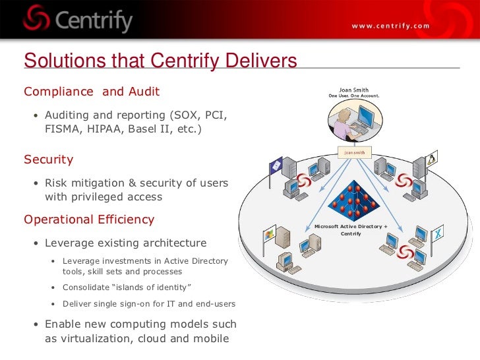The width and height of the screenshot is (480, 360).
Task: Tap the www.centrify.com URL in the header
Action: click(390, 26)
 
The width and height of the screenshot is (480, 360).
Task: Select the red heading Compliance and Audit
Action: click(92, 91)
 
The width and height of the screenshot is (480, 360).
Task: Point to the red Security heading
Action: click(48, 160)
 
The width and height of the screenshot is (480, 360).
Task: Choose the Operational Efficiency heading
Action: click(89, 220)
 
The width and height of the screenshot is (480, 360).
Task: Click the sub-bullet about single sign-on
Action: click(148, 304)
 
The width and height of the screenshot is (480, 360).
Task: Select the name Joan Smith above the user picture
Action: click(353, 90)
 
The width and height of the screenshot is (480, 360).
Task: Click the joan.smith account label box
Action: click(354, 152)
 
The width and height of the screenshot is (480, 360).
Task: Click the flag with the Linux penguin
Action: click(433, 160)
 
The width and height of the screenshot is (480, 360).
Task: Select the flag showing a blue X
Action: click(437, 233)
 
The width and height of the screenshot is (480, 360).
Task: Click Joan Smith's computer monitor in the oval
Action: click(365, 121)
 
